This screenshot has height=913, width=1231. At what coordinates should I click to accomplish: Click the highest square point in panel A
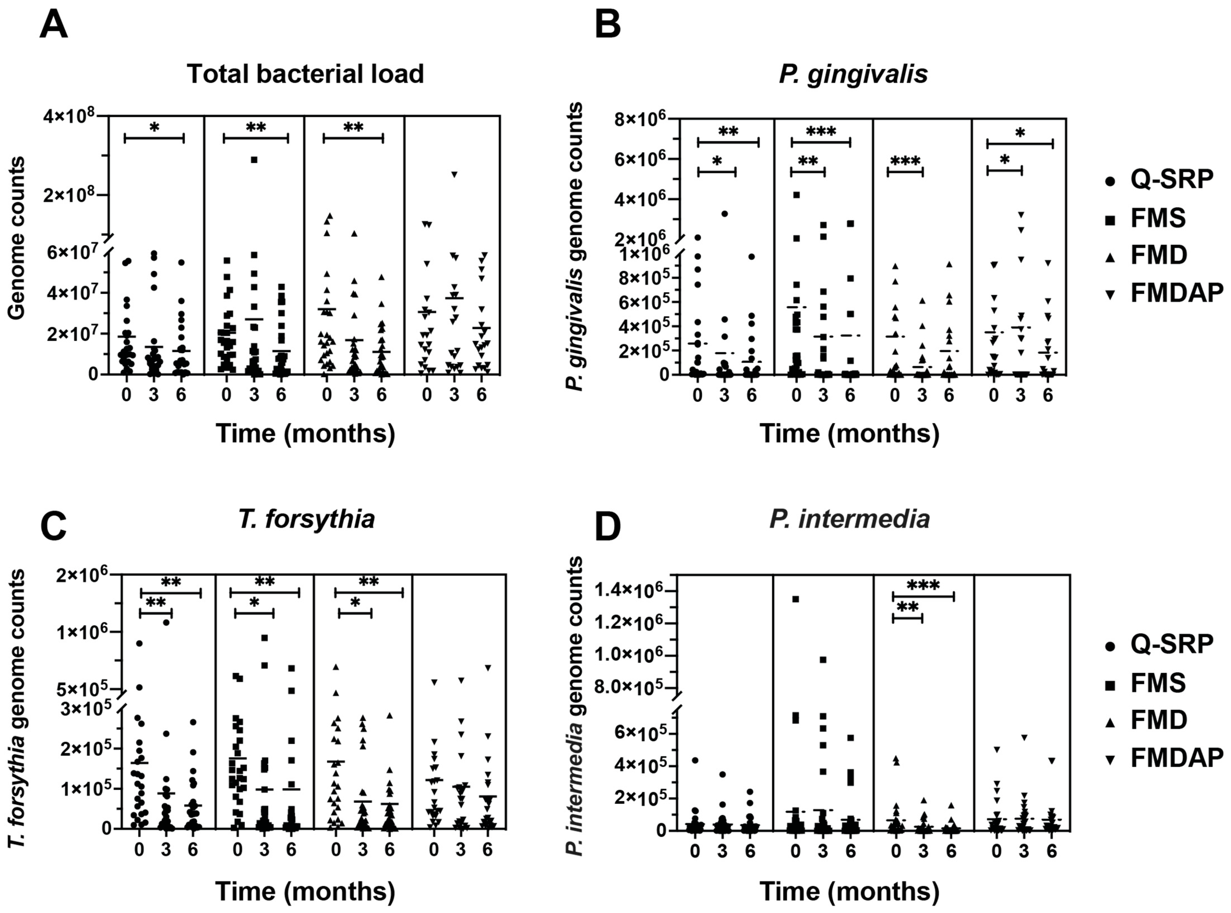[254, 160]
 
